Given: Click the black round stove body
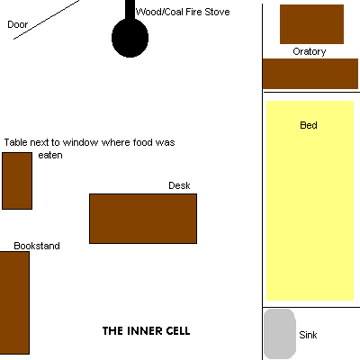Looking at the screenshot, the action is (130, 38).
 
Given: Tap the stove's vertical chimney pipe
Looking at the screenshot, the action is (130, 10).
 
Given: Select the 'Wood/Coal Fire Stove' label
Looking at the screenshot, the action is (183, 12).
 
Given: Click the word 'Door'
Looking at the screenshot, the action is (18, 24).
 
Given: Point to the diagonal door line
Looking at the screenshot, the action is (47, 20).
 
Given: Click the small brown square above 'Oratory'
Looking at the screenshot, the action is (311, 24).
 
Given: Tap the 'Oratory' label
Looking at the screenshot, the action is (310, 51).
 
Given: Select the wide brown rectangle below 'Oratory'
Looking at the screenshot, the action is (310, 74).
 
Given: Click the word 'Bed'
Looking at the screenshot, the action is (309, 125).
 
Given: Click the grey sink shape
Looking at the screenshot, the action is (280, 334).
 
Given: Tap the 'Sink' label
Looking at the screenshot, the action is (308, 335).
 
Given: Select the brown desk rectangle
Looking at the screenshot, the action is (143, 219).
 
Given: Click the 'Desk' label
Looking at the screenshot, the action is (179, 185).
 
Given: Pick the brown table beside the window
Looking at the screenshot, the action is (17, 181).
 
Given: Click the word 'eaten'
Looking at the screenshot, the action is (50, 155).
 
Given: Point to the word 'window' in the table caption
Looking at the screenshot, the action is (80, 142).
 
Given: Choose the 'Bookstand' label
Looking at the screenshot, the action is (37, 246).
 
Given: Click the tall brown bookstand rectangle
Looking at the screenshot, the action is (14, 302).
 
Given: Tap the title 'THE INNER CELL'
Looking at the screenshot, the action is (147, 331).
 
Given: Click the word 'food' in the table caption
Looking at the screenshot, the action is (142, 142).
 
